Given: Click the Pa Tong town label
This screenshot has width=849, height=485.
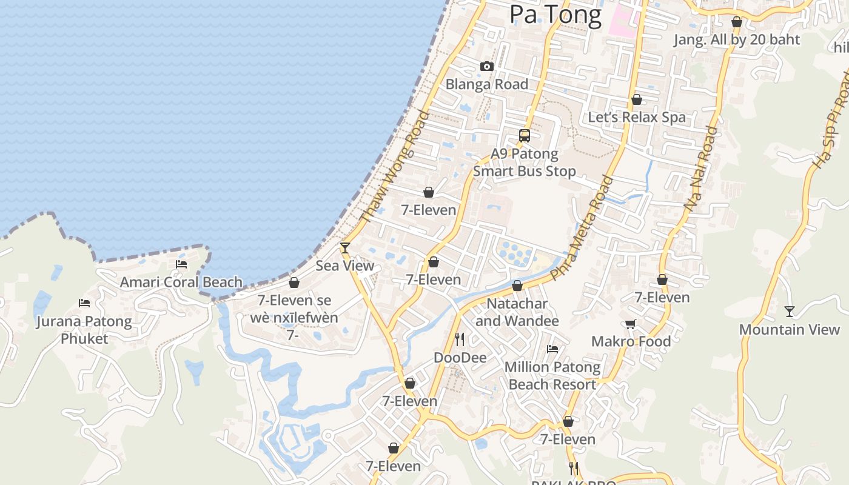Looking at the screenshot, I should (555, 15).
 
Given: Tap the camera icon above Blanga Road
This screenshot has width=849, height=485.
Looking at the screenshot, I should (486, 67).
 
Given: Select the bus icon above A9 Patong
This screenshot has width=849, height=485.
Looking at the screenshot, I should (525, 136).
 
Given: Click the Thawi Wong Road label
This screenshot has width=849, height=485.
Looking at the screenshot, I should (394, 167).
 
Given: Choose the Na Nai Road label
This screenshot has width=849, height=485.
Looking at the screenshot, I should (700, 169).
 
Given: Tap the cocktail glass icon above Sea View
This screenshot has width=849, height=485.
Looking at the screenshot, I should (345, 247).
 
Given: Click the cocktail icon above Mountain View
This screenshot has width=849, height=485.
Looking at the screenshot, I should (789, 312).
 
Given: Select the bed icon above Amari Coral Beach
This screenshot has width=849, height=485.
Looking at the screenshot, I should (181, 264).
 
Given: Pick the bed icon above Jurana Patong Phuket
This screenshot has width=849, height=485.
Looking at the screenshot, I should (84, 303).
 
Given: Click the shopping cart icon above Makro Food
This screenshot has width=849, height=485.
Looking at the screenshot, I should (631, 324).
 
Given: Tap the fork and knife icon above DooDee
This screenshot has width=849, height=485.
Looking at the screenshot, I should (460, 339).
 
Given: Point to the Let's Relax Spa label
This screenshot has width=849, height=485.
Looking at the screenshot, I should (637, 117).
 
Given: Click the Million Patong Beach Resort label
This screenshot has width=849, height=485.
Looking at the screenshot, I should (552, 376).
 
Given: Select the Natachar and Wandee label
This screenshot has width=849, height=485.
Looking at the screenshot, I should (517, 312).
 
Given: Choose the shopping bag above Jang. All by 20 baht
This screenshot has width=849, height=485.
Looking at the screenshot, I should (737, 22).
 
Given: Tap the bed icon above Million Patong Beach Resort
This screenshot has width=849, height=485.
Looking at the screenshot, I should (552, 349).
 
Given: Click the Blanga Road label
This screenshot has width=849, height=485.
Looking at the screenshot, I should (487, 84).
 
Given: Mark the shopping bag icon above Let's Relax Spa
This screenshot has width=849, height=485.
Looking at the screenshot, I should (637, 99).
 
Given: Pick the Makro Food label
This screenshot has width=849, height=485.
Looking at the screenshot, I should (631, 341).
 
